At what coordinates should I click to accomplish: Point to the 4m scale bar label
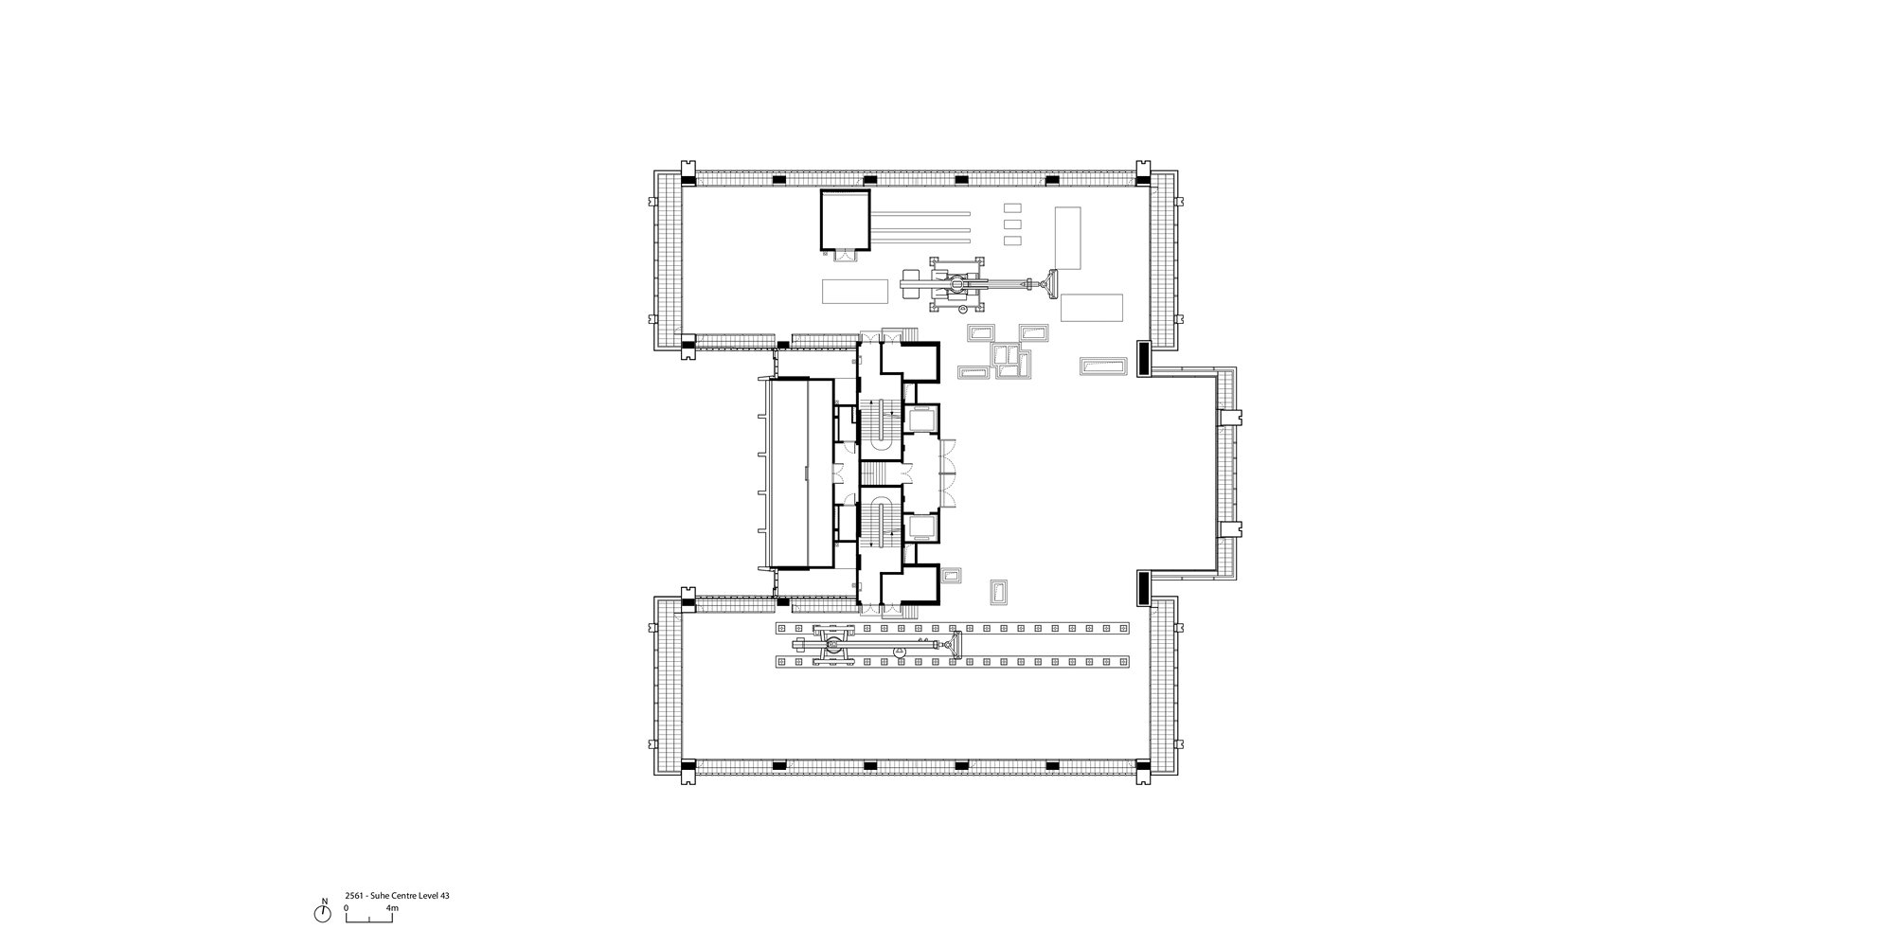coord(392,908)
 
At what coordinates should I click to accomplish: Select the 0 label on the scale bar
coord(346,908)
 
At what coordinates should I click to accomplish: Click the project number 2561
coord(355,895)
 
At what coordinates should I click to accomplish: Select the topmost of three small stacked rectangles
coord(1012,207)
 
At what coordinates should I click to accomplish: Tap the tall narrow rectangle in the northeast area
coord(1068,238)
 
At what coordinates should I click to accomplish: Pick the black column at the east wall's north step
coord(1143,357)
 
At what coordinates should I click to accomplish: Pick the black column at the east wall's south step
coord(1143,588)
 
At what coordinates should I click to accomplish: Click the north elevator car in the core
coord(920,418)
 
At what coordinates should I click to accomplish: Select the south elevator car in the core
coord(920,527)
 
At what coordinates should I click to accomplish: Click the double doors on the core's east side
coord(948,473)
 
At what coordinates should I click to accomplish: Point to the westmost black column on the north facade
coord(778,180)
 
